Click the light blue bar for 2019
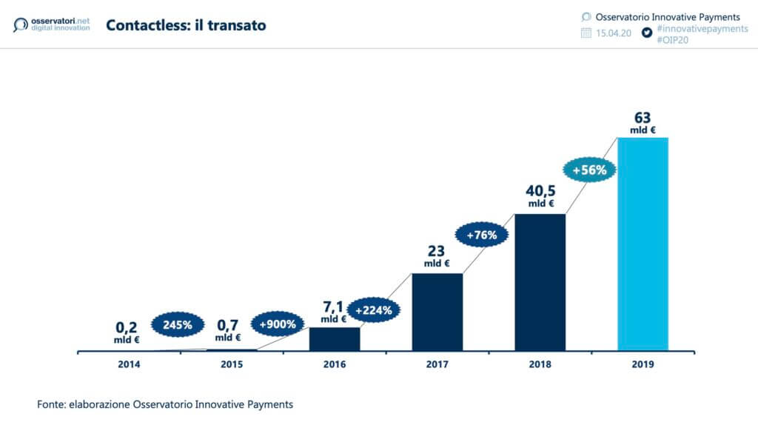click(x=643, y=244)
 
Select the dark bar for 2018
click(x=540, y=282)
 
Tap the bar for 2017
click(x=437, y=312)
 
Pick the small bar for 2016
click(x=334, y=338)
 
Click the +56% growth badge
click(x=589, y=170)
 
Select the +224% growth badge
click(x=374, y=310)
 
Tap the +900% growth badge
click(x=278, y=324)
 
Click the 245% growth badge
click(x=178, y=324)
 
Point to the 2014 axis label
click(x=129, y=364)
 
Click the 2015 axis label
click(x=231, y=364)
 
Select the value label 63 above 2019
click(x=643, y=118)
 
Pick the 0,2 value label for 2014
click(x=127, y=326)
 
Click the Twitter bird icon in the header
click(x=646, y=33)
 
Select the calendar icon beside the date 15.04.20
click(x=586, y=33)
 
